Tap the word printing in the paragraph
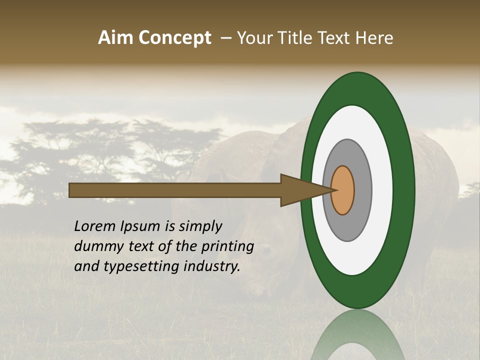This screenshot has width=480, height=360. [227, 246]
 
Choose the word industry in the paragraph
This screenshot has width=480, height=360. [212, 266]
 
